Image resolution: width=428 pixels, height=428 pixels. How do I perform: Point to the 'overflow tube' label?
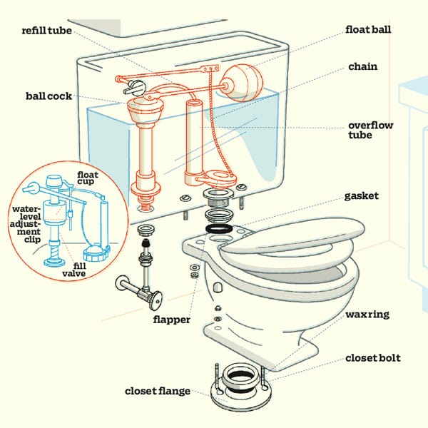(x=370, y=131)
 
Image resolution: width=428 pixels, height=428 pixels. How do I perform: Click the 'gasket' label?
(x=363, y=195)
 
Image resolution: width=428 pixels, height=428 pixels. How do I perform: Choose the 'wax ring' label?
(x=367, y=314)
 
